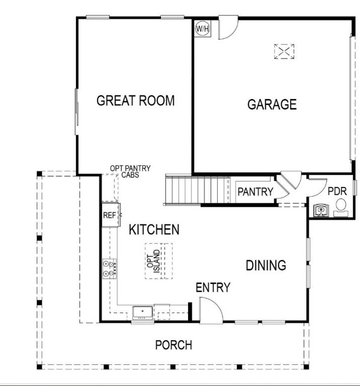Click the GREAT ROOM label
[x=136, y=101]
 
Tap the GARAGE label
[x=272, y=104]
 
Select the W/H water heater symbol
[x=201, y=28]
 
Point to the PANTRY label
[x=255, y=192]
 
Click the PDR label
[x=336, y=191]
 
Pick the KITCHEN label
[x=154, y=229]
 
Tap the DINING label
[x=265, y=265]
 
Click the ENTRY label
[x=213, y=288]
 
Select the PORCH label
[x=174, y=346]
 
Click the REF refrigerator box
[x=110, y=215]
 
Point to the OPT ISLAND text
[x=154, y=261]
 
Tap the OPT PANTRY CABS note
[x=130, y=172]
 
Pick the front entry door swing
[x=212, y=310]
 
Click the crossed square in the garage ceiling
[x=283, y=51]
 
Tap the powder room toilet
[x=340, y=208]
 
